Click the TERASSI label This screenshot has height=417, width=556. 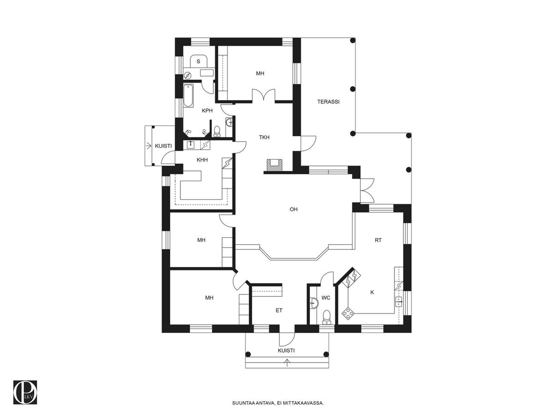pos(328,102)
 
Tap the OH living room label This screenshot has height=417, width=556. pos(293,209)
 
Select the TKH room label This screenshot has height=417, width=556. pos(264,137)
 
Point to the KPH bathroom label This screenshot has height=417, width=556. pos(207,111)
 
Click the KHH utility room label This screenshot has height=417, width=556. pos(202,160)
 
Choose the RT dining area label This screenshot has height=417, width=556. pos(378,240)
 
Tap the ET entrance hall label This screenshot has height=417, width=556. pos(279,311)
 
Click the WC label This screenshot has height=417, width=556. pos(326,298)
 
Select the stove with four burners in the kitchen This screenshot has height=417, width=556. pos(348,313)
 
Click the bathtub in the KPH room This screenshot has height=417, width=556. pos(188,96)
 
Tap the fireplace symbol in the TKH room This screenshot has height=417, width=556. pos(274,165)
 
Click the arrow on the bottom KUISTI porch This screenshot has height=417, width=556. pos(287,362)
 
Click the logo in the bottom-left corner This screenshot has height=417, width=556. pos(25,392)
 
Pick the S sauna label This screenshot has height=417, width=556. pos(198,62)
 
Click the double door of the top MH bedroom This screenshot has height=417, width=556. pos(263,95)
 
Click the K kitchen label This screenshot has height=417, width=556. pos(372,292)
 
